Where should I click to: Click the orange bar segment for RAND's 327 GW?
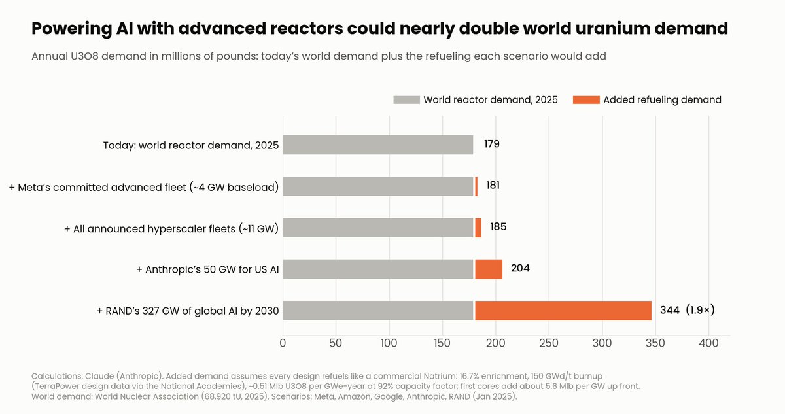(x=563, y=310)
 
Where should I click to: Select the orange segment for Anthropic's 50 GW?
(x=489, y=269)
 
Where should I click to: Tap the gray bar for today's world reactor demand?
(x=378, y=145)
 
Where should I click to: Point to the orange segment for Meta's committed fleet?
(x=476, y=186)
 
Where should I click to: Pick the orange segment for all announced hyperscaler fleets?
(x=478, y=228)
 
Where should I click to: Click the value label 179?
(x=492, y=144)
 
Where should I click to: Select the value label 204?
(x=521, y=268)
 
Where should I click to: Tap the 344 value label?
(x=670, y=310)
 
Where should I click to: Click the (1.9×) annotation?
(x=700, y=310)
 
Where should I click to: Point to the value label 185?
(x=498, y=226)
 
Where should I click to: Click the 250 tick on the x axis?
(x=549, y=343)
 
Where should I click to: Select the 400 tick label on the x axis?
(x=708, y=343)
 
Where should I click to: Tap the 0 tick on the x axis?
(x=283, y=343)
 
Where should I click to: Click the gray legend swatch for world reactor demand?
(x=406, y=100)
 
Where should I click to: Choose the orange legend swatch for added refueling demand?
(x=586, y=100)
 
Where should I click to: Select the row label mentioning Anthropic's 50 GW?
(x=207, y=269)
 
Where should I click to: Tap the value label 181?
(x=493, y=185)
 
